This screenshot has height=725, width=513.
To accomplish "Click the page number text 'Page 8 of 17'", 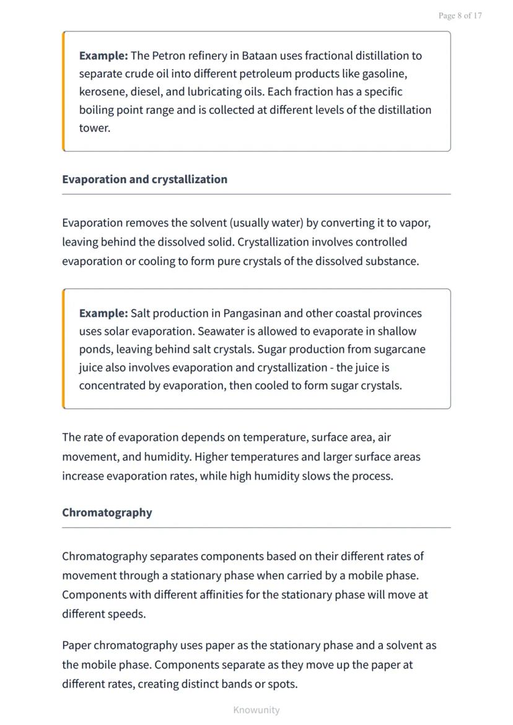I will click(460, 15).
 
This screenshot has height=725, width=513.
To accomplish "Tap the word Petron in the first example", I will click(169, 56).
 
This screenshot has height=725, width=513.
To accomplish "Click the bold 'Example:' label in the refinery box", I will click(103, 56).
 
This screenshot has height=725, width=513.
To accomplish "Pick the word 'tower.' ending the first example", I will click(94, 128).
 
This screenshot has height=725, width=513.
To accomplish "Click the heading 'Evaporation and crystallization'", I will click(144, 180).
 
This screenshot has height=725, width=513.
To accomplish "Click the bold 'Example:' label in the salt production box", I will click(103, 313).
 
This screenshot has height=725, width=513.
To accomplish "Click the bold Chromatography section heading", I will click(107, 513).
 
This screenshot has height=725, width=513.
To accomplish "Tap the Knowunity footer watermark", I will click(256, 710).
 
